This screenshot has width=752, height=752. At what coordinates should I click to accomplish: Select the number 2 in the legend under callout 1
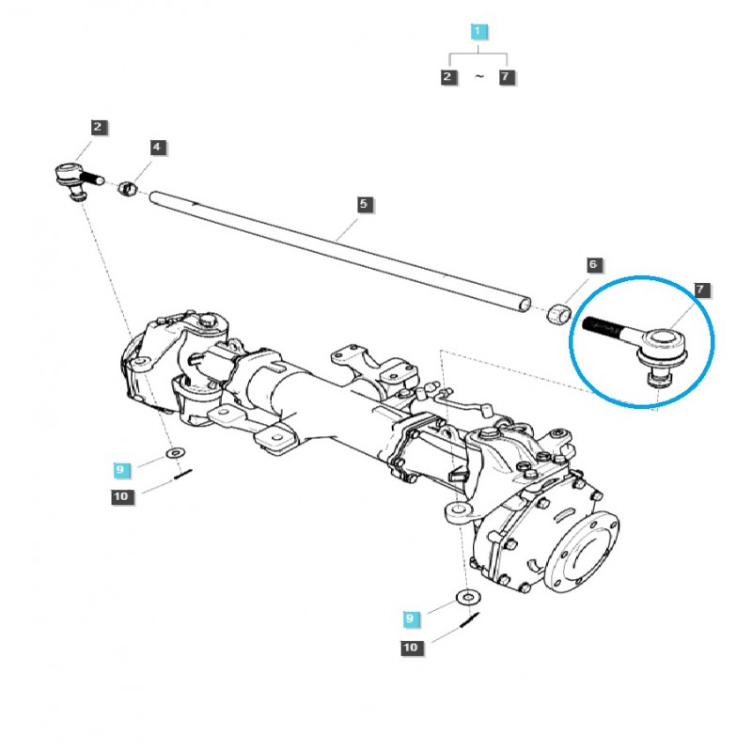tap(448, 77)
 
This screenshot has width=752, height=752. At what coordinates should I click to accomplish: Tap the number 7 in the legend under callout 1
tap(508, 77)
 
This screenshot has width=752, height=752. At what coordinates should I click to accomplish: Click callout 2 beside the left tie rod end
tap(99, 126)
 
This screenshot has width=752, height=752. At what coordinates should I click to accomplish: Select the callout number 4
tap(157, 147)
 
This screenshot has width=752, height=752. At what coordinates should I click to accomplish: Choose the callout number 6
tap(592, 265)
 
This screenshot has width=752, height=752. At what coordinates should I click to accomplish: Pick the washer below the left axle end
tap(175, 454)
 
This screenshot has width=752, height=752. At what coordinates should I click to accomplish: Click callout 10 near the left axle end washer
tap(121, 496)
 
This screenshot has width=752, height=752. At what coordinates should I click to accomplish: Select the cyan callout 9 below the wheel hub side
tap(409, 619)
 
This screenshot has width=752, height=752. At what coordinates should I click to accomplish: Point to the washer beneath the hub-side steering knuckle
tap(465, 598)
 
